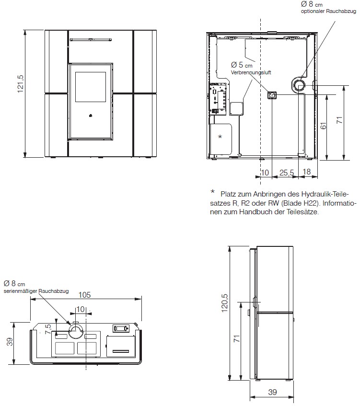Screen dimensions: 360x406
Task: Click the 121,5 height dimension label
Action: [x=21, y=84]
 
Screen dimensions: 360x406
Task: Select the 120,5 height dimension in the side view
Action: [x=224, y=302]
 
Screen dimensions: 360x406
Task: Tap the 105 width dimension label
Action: [x=85, y=295]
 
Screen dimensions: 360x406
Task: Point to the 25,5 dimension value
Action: [x=287, y=173]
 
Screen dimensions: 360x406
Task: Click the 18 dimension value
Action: [x=307, y=172]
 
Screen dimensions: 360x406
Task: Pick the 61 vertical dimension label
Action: [x=324, y=126]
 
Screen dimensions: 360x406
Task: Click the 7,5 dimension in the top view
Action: [x=48, y=329]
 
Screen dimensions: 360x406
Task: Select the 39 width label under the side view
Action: [x=272, y=392]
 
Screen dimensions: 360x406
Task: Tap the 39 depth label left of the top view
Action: [x=10, y=342]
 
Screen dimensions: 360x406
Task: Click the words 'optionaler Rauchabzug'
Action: [x=328, y=12]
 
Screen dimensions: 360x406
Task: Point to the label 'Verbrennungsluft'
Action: [x=251, y=72]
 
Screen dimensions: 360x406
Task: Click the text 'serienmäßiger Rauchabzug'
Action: [x=36, y=291]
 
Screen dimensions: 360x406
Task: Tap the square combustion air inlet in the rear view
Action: [x=272, y=95]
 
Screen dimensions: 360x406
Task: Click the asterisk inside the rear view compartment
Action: [x=220, y=137]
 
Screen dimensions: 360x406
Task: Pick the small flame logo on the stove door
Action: [x=91, y=116]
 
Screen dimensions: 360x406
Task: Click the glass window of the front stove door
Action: [x=91, y=87]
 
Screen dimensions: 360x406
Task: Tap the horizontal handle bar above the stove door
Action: [x=91, y=40]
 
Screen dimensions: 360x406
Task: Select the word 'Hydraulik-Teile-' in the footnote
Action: [x=325, y=194]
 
